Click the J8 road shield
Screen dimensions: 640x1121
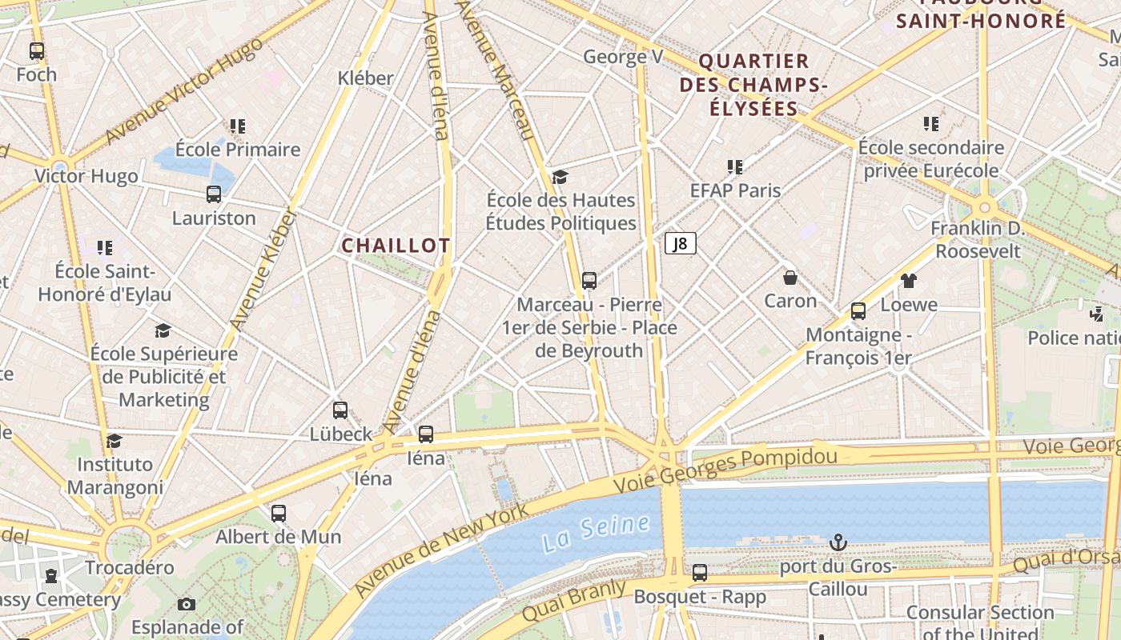pos(680,243)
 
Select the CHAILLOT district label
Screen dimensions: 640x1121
pos(396,246)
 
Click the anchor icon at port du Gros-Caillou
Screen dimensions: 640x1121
pos(838,543)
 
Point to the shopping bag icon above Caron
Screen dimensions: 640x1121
pos(790,278)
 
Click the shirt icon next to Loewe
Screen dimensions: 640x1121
pos(908,281)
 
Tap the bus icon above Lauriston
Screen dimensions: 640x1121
pos(214,194)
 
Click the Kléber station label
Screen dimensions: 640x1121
pos(366,78)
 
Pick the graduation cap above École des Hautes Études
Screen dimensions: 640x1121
pos(560,177)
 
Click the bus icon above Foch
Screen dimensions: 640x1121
pos(37,51)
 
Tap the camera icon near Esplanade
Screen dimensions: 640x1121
pos(187,604)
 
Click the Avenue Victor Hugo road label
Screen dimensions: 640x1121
pos(183,91)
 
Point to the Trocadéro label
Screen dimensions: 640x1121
pos(130,568)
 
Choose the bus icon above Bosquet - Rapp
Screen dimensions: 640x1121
pos(700,573)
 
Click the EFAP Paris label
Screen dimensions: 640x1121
pos(735,190)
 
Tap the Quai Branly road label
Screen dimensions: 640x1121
pos(573,601)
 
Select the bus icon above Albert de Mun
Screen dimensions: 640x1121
pos(279,514)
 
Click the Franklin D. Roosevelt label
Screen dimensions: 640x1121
pos(978,240)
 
